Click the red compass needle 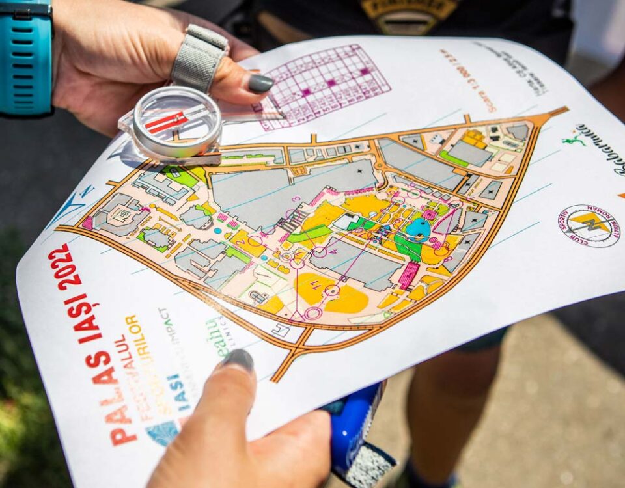(167, 122)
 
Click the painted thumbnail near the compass (260, 83)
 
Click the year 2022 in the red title (64, 266)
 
